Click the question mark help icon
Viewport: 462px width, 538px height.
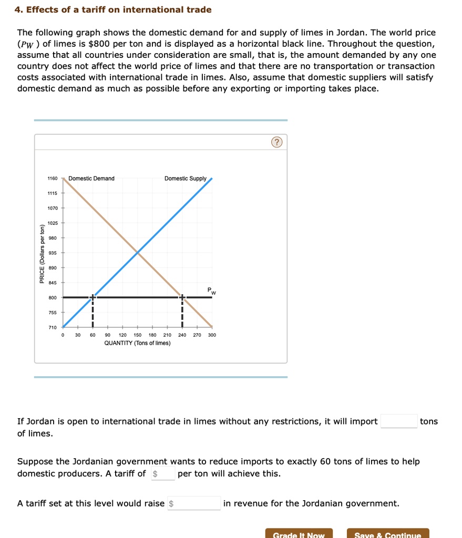point(277,143)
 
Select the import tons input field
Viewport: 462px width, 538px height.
point(399,421)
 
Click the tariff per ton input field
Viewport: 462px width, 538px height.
point(163,473)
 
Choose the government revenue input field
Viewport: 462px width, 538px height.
point(194,503)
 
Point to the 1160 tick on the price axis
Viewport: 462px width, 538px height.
point(53,179)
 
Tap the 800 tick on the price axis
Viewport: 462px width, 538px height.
point(53,297)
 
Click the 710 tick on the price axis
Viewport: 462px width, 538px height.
point(53,327)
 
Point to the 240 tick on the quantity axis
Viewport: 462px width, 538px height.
point(182,335)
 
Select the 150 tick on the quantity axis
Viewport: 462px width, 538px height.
point(138,335)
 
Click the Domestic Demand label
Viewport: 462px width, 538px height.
point(91,179)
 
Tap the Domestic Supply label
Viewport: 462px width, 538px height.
point(185,179)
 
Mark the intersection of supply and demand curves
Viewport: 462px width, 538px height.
point(138,253)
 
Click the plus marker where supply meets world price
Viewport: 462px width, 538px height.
point(93,297)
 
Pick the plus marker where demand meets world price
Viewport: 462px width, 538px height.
point(182,297)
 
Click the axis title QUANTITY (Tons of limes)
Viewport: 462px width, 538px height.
point(137,343)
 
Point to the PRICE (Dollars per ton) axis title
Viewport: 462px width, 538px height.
point(42,253)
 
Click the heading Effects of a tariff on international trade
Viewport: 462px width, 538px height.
point(113,9)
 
